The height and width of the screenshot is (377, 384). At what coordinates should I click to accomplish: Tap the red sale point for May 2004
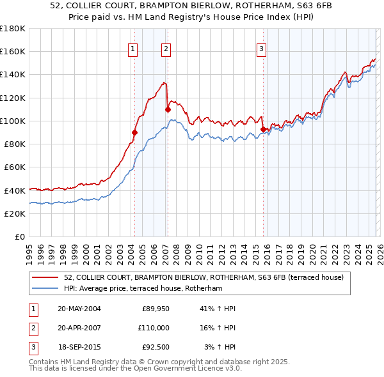pyautogui.click(x=135, y=132)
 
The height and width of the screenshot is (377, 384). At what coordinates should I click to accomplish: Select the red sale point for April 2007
pyautogui.click(x=168, y=109)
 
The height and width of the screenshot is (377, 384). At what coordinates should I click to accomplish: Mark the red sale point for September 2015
pyautogui.click(x=264, y=130)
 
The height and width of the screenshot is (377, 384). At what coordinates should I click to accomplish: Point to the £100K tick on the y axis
pyautogui.click(x=13, y=121)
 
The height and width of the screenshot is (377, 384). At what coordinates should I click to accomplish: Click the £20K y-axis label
pyautogui.click(x=15, y=213)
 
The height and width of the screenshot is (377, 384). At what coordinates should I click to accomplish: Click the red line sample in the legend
pyautogui.click(x=46, y=277)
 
